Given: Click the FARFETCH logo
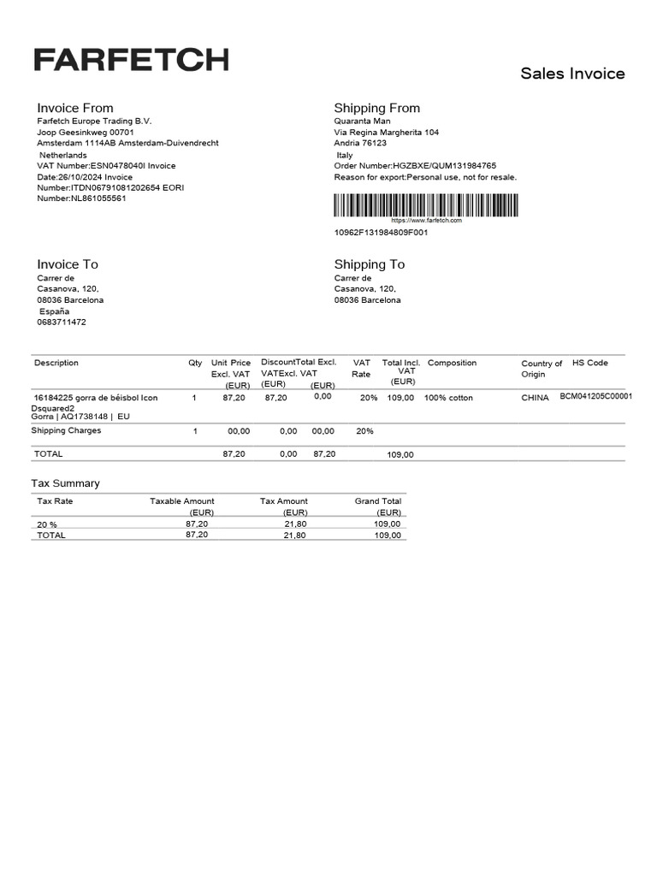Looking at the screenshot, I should [x=131, y=60].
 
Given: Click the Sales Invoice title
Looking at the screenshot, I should [x=572, y=74].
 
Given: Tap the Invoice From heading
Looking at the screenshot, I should [x=74, y=108].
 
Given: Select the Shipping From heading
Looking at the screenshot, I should [x=376, y=108].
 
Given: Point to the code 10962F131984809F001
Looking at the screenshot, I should [x=381, y=232].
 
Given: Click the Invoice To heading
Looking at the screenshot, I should [x=68, y=264].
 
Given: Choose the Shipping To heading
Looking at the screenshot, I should [x=370, y=264].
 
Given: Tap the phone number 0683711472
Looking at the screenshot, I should [x=62, y=323].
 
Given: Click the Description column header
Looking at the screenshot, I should [x=56, y=363].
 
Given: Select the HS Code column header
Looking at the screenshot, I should [x=590, y=363].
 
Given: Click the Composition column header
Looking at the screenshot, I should [x=452, y=363].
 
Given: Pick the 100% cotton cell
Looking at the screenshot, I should [x=448, y=398].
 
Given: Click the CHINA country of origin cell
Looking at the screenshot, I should [x=536, y=398].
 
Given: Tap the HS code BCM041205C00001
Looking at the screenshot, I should [x=595, y=397].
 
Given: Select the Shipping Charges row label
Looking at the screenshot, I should [x=66, y=430].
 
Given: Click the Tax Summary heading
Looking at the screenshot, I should [x=65, y=483].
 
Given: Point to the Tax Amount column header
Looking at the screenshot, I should [x=284, y=501].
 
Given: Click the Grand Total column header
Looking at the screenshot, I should [x=378, y=501].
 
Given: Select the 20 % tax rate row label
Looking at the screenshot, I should [x=47, y=524].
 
